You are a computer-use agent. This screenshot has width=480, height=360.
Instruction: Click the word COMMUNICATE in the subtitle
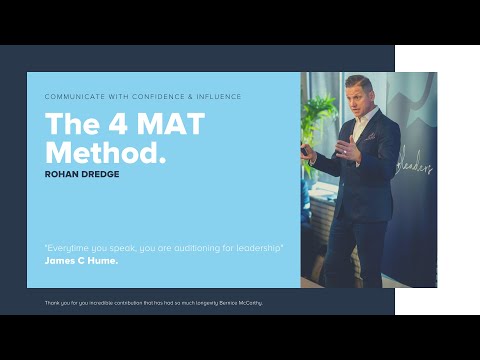[x=72, y=97]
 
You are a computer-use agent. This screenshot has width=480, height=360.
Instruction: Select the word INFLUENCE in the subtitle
[x=215, y=97]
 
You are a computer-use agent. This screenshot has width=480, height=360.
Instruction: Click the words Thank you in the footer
[x=57, y=301]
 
